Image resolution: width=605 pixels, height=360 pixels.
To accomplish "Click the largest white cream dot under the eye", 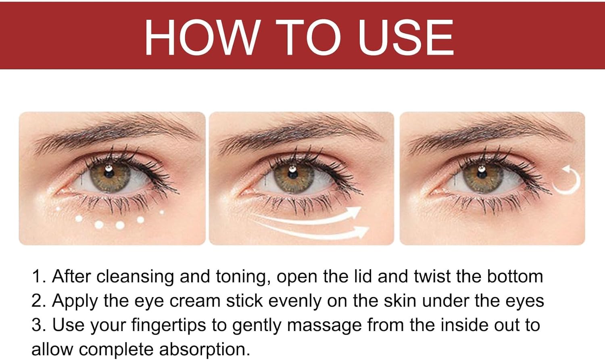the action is pyautogui.click(x=120, y=225).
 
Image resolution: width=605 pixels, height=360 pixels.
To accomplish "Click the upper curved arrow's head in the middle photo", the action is pyautogui.click(x=355, y=210).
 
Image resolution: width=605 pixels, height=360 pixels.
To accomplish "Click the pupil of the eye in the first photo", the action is pyautogui.click(x=109, y=173).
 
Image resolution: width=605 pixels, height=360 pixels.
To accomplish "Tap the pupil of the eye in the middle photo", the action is pyautogui.click(x=292, y=173).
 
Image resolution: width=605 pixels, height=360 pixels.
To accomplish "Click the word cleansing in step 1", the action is pyautogui.click(x=135, y=277).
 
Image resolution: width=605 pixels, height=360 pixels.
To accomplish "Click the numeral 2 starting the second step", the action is pyautogui.click(x=36, y=300).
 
